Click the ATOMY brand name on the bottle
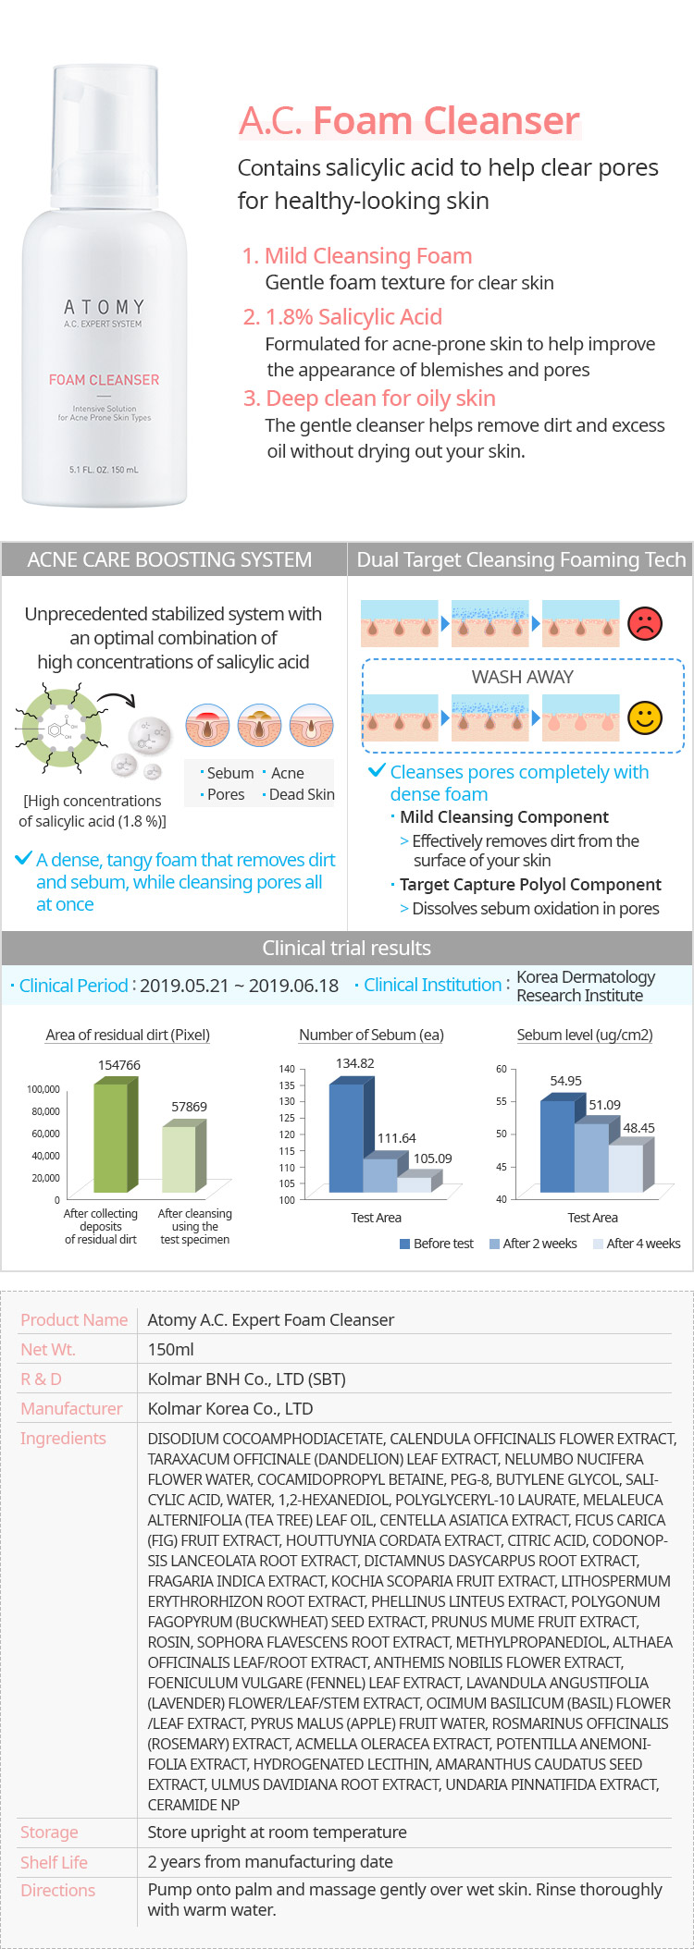[104, 306]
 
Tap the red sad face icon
[644, 623]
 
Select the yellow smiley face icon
[644, 717]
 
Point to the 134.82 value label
[355, 1063]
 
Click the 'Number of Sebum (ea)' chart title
[371, 1035]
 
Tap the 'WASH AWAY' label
[522, 677]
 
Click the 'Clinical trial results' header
[346, 948]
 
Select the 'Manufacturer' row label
[71, 1408]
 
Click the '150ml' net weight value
[171, 1349]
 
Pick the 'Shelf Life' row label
[54, 1862]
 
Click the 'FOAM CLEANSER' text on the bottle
[104, 380]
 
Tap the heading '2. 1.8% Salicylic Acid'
[342, 317]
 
